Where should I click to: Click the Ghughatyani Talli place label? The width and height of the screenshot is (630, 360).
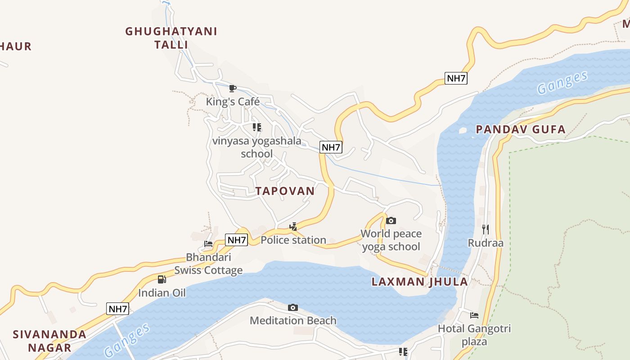click(x=171, y=38)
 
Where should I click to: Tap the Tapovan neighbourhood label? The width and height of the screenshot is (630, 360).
click(x=285, y=191)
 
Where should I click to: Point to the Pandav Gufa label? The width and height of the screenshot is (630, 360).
click(x=521, y=130)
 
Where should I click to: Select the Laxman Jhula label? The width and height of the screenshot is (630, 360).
click(x=419, y=282)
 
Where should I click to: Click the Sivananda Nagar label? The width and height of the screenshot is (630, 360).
click(x=49, y=341)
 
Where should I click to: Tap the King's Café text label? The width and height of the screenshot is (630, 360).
click(x=233, y=102)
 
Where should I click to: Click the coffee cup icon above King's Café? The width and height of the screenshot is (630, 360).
click(x=233, y=88)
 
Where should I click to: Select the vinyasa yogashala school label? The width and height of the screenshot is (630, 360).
click(x=257, y=147)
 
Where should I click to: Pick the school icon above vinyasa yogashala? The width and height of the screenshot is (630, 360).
click(x=257, y=127)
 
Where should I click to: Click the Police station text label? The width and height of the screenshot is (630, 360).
click(x=293, y=240)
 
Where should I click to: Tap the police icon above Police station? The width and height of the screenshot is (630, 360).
click(x=293, y=226)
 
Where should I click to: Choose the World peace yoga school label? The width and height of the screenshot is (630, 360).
click(x=391, y=240)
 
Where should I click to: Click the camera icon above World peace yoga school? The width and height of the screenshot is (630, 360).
click(x=391, y=220)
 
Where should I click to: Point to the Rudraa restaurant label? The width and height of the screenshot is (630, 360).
click(x=486, y=243)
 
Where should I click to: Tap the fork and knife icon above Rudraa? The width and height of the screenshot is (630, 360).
click(x=486, y=229)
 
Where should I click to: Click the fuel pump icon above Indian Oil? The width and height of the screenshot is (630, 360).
click(x=162, y=279)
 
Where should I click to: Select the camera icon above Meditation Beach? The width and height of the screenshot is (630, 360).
click(x=293, y=307)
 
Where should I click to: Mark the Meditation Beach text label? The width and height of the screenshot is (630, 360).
click(x=293, y=320)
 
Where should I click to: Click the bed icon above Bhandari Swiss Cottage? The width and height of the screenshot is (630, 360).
click(x=208, y=244)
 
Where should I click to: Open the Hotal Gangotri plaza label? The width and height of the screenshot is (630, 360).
click(x=474, y=335)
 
